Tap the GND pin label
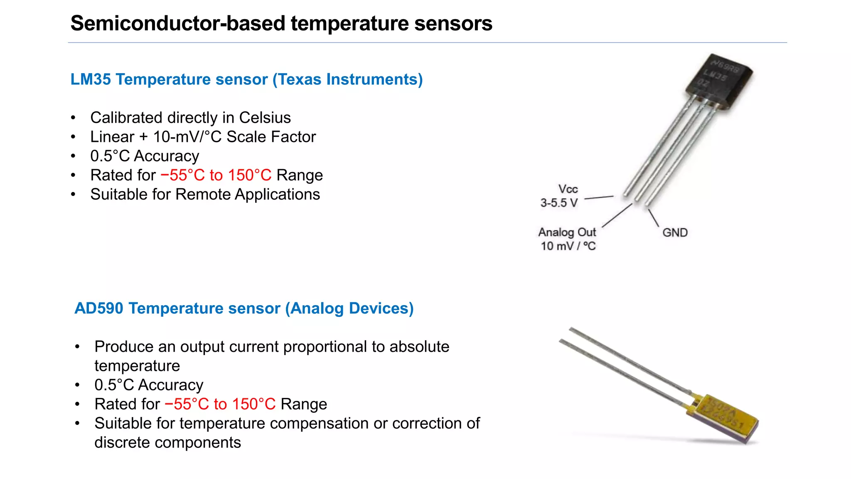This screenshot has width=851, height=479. coord(675,232)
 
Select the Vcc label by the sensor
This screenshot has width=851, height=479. coord(568,189)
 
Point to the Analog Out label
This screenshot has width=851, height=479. coord(567,232)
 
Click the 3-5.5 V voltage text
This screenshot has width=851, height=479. coord(559,203)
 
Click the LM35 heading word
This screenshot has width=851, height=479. coord(90,79)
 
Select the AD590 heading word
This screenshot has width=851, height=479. coord(99,309)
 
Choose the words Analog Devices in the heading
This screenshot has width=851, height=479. coord(349,309)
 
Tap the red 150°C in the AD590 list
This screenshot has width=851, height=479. coord(253,404)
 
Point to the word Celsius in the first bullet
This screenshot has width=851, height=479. coord(265,118)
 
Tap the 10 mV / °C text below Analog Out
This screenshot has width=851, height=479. coord(568,246)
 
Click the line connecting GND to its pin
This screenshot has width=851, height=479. coord(654,218)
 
